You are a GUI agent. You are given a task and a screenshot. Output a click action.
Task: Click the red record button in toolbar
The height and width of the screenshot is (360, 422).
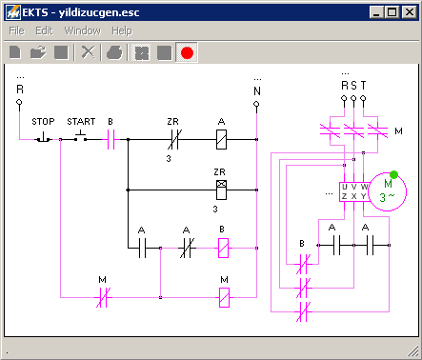pyautogui.click(x=187, y=53)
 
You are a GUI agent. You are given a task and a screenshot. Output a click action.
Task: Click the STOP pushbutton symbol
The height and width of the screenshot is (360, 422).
pyautogui.click(x=44, y=137)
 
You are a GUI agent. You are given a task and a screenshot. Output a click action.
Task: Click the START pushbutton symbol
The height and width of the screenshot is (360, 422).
pyautogui.click(x=82, y=137)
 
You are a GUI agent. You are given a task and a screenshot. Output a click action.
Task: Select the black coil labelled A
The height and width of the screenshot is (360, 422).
pyautogui.click(x=221, y=139)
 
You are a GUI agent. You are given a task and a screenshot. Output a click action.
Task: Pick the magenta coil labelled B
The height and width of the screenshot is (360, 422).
pyautogui.click(x=222, y=249)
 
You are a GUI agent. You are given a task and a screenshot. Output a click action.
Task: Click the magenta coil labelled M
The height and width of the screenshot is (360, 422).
pyautogui.click(x=224, y=297)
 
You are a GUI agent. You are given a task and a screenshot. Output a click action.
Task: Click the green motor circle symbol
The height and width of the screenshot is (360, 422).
pyautogui.click(x=387, y=191)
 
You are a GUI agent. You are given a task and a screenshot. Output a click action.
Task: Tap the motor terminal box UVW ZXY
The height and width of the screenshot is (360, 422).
pyautogui.click(x=353, y=190)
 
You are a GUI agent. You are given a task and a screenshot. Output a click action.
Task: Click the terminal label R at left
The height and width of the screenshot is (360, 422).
pyautogui.click(x=19, y=90)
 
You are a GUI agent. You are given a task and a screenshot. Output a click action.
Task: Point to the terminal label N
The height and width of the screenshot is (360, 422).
pyautogui.click(x=256, y=90)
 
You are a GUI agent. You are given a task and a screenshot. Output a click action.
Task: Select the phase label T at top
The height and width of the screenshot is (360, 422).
pyautogui.click(x=363, y=85)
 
